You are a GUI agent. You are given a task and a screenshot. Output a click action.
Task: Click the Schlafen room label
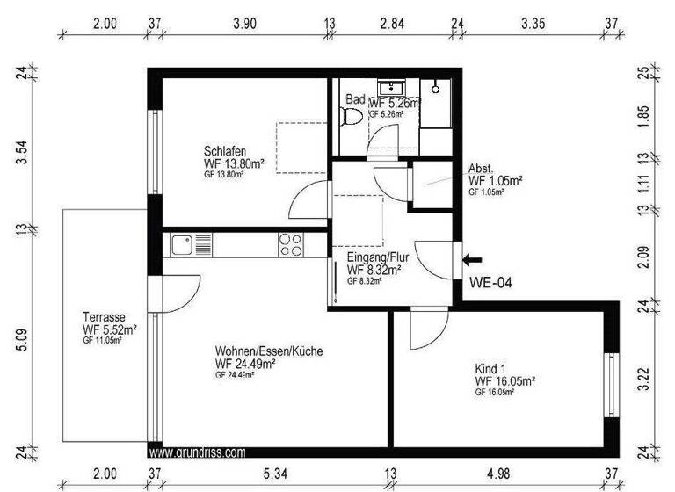pos(224,150)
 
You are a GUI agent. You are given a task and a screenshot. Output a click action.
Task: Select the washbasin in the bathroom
pos(390,89)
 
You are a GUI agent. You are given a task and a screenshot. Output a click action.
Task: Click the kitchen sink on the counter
pos(184,243)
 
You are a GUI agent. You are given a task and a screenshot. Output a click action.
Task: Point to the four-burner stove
pos(291,243)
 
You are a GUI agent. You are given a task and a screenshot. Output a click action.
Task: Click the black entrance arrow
pos(473,259)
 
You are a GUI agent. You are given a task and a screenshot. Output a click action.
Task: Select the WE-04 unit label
pos(490,283)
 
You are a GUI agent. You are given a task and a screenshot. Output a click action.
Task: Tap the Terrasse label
pos(103,317)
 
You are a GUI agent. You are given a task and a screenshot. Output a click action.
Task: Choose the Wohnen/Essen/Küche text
pos(268,351)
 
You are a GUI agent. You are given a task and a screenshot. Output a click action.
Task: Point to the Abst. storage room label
pos(482,169)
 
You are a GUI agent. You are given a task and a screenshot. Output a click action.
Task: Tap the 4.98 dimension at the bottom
pos(501,474)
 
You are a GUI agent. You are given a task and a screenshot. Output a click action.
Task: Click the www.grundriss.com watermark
pos(197,453)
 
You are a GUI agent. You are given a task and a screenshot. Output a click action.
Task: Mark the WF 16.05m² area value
pos(505,382)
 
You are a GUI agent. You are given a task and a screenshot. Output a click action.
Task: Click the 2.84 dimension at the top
pos(392,23)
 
